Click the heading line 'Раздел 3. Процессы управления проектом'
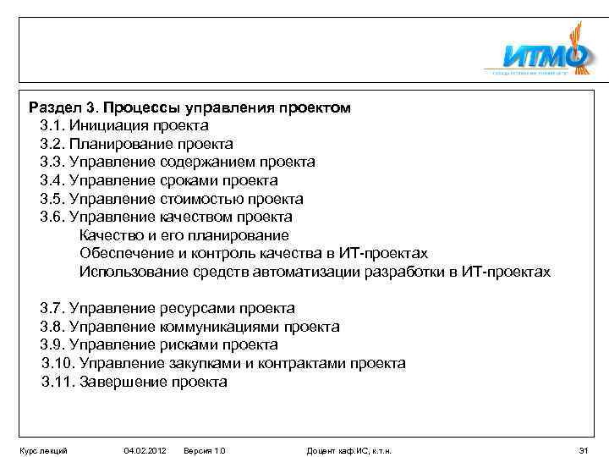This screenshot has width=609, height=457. coord(189,108)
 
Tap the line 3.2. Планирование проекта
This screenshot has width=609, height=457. coord(136,144)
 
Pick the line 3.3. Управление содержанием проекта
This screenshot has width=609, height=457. coord(178,162)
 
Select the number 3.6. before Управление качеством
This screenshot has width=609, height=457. coord(52,217)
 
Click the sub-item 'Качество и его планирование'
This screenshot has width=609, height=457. coord(184,235)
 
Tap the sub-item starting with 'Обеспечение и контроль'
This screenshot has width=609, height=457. coord(253,253)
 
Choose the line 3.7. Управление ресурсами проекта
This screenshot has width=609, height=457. coord(167,308)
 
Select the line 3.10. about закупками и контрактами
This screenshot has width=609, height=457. coord(223,363)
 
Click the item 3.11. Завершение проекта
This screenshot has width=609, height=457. coord(134,382)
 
